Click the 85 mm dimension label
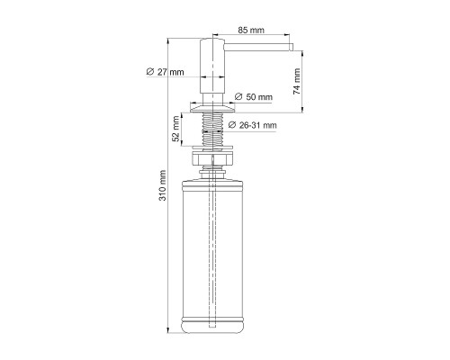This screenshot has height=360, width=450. click(x=250, y=30)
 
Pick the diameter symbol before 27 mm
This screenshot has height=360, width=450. click(x=148, y=72)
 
